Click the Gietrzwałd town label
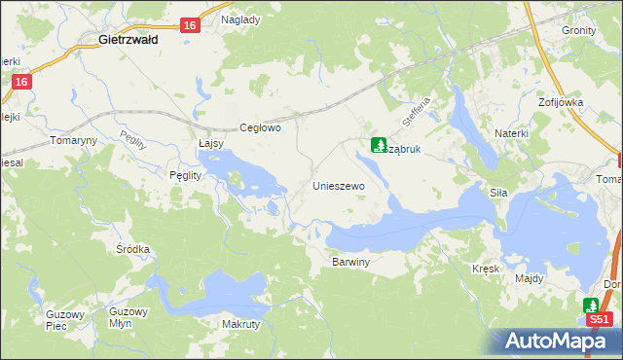[x=135, y=41]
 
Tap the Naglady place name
[x=240, y=19]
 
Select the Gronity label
[x=579, y=30]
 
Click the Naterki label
[x=511, y=131]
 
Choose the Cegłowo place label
[x=261, y=127]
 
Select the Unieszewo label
[x=338, y=185]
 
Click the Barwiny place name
[x=351, y=263]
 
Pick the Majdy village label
[x=530, y=278]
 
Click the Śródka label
[x=132, y=249]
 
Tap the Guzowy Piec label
[x=65, y=320]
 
